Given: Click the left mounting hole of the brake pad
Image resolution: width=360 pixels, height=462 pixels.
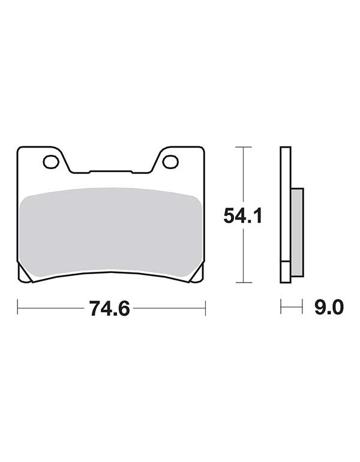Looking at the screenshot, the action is click(51, 162).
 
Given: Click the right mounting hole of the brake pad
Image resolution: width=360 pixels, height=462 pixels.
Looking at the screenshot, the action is click(171, 162).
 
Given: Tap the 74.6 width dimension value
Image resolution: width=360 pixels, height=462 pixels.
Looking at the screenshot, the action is click(110, 308).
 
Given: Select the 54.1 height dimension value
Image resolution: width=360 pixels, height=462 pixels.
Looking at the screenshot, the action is click(243, 215).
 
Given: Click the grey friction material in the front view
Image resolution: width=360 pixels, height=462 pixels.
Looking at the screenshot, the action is click(110, 233).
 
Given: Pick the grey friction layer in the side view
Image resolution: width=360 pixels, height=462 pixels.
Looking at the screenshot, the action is click(297, 232).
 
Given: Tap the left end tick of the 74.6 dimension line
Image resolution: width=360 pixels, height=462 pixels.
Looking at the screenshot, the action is click(17, 308).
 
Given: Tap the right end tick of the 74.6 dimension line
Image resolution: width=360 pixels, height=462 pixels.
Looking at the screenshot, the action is click(205, 308).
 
